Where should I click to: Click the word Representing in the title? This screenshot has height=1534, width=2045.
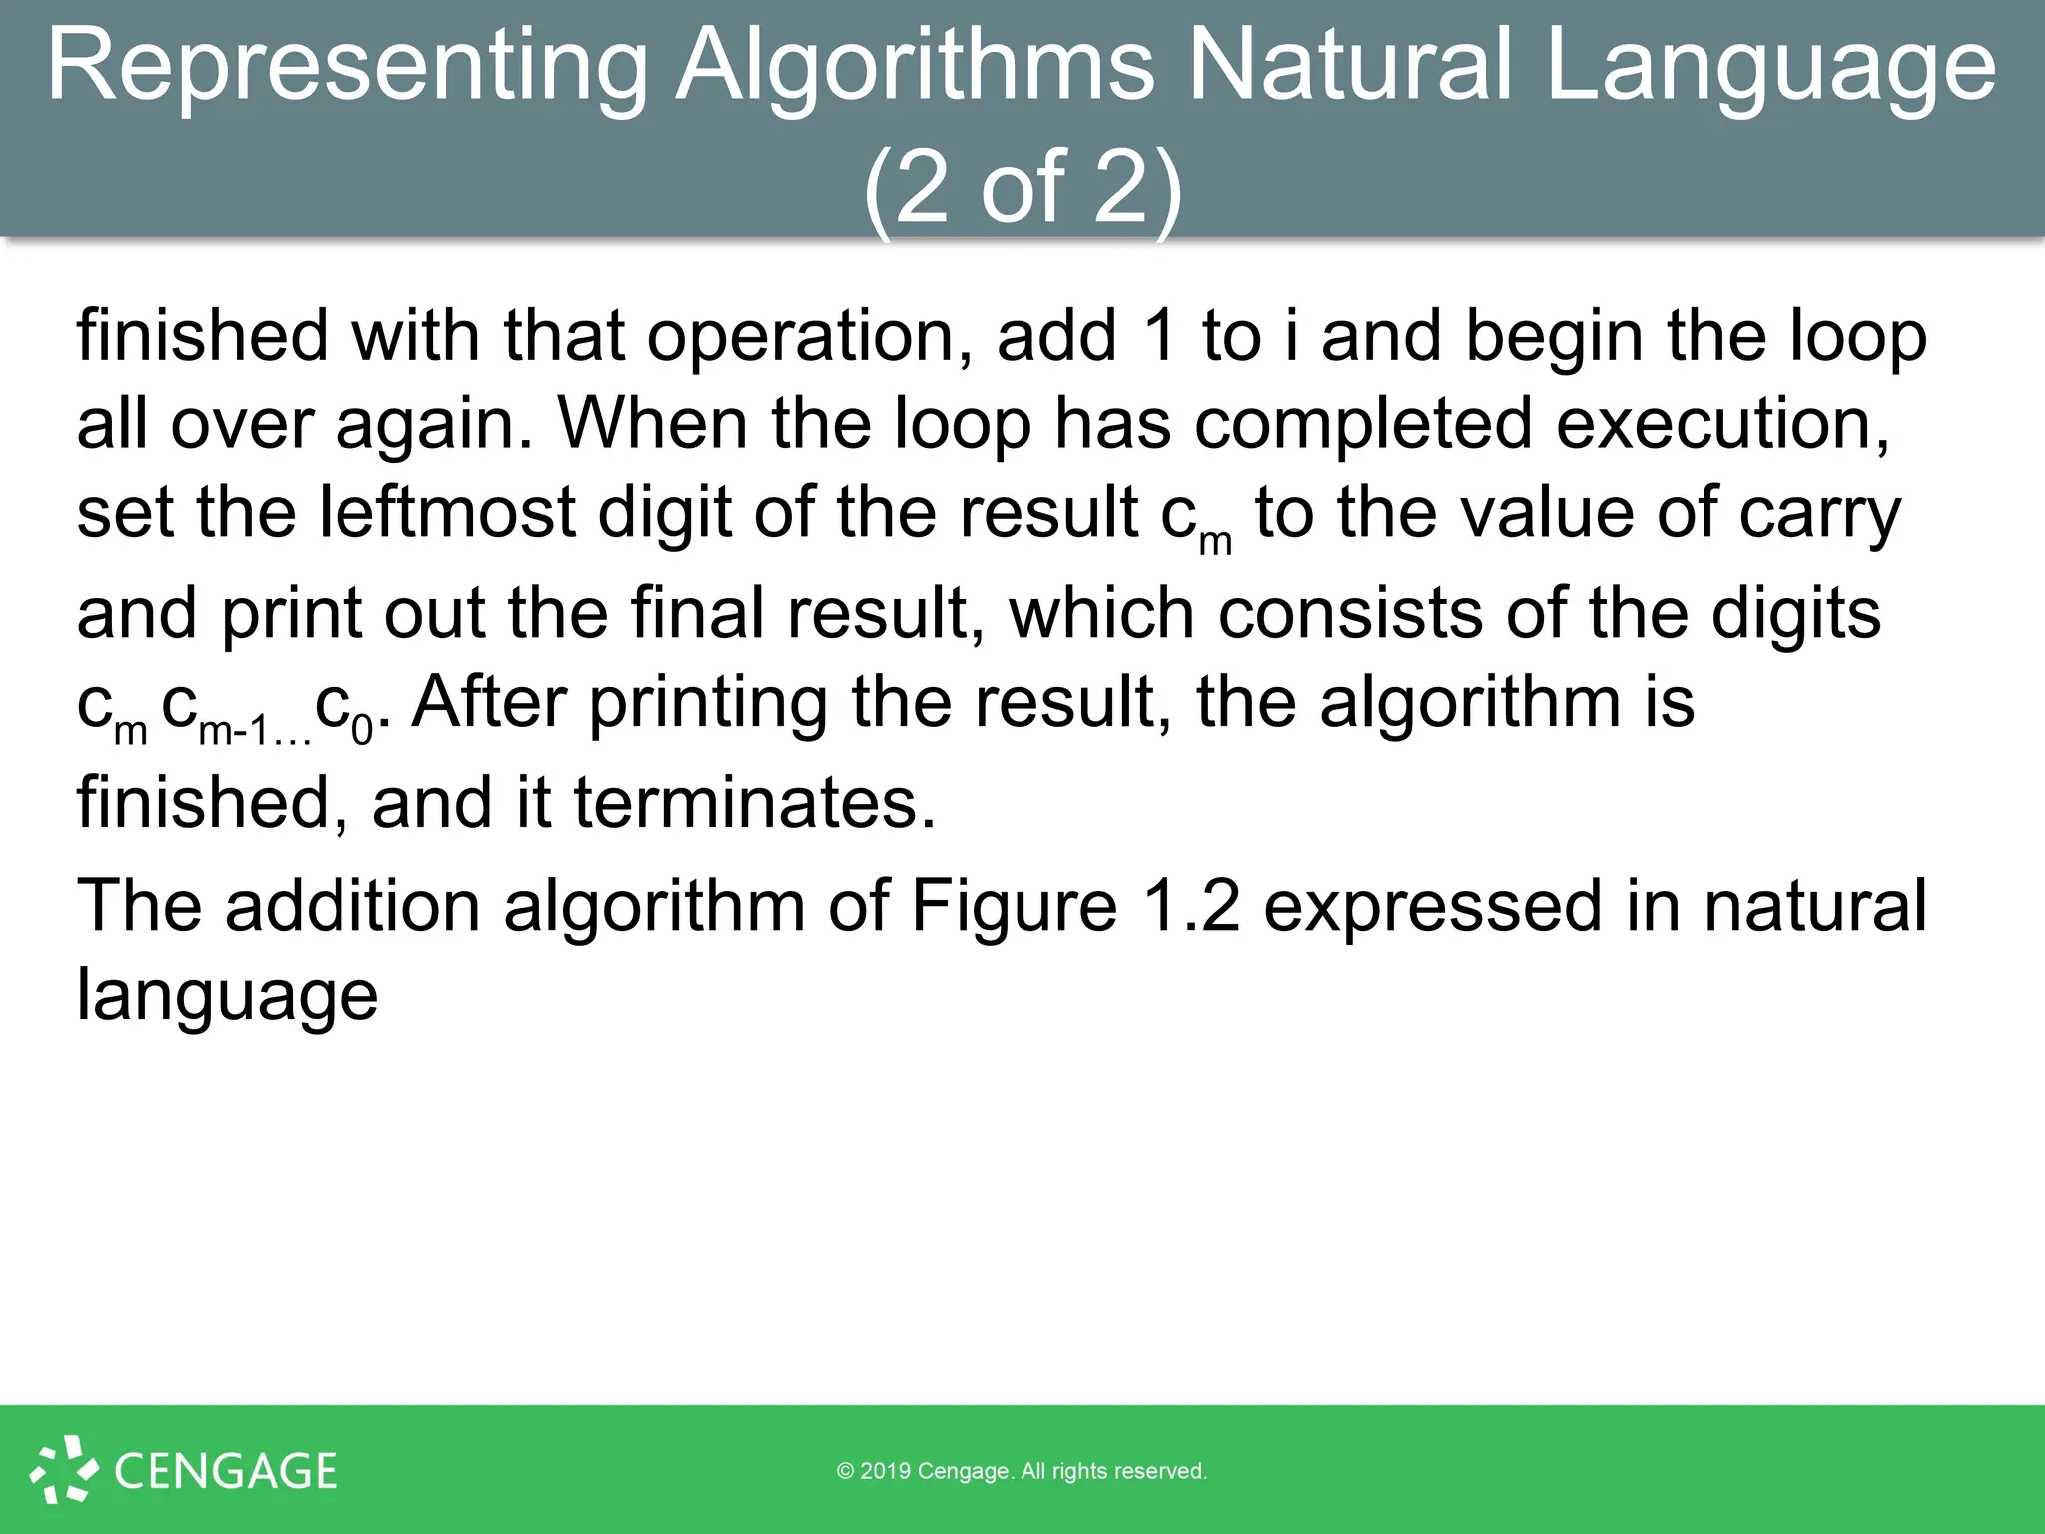click(x=347, y=66)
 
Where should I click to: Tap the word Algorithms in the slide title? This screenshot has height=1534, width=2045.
click(x=914, y=66)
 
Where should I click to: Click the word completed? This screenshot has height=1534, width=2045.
click(x=1363, y=423)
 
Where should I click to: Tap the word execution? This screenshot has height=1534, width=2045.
click(x=1721, y=423)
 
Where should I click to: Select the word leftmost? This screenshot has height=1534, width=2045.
click(x=446, y=511)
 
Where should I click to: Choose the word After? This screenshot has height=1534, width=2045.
click(x=489, y=701)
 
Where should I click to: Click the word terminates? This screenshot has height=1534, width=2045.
click(x=755, y=802)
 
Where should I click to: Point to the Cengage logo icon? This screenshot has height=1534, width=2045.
click(x=64, y=1468)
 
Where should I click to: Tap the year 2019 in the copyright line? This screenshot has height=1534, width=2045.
click(x=885, y=1471)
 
